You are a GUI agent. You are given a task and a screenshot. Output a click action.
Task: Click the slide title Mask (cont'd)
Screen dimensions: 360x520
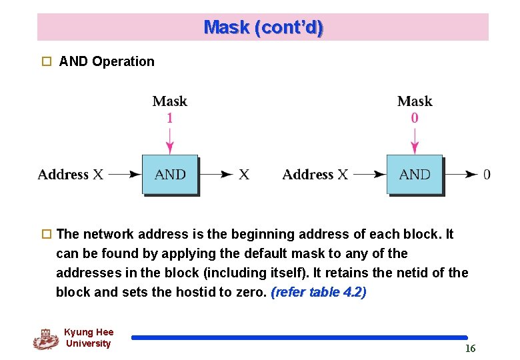click(x=263, y=27)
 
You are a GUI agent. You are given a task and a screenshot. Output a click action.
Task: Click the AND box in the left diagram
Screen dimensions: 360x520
click(x=170, y=175)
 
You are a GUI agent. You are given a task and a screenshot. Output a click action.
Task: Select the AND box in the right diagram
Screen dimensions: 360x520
click(x=415, y=175)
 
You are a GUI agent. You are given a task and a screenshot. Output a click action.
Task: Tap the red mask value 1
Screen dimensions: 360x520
click(x=170, y=118)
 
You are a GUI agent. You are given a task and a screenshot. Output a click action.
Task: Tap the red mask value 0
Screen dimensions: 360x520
click(x=415, y=118)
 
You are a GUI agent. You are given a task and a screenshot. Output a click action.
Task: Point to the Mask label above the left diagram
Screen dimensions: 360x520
click(x=170, y=101)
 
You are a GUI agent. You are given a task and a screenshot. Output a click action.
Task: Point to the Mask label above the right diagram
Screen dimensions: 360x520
click(x=415, y=101)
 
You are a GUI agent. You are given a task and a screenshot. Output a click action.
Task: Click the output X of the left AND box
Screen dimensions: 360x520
click(x=244, y=175)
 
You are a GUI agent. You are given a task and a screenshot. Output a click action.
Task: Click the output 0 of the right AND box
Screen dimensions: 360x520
click(x=487, y=175)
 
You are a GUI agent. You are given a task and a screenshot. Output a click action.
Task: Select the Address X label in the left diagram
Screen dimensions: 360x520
click(x=71, y=175)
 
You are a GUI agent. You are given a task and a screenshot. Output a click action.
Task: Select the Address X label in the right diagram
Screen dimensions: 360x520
click(x=315, y=175)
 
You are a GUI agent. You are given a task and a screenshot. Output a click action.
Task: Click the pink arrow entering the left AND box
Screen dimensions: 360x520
click(x=170, y=140)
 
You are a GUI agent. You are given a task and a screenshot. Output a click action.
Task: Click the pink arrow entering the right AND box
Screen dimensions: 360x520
click(x=415, y=140)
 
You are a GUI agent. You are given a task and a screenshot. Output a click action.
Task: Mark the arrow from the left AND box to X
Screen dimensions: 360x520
click(x=217, y=175)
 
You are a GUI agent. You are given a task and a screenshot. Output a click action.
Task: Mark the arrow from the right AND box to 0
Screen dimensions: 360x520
click(x=461, y=175)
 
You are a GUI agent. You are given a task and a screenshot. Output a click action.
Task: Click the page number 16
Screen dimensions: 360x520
click(x=470, y=349)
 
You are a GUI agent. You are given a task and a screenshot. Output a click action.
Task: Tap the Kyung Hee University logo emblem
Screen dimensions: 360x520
click(x=45, y=339)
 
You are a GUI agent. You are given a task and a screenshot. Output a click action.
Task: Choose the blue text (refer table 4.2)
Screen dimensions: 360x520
click(x=319, y=292)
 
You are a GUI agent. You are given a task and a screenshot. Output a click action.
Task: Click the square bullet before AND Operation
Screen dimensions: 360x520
click(x=46, y=61)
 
